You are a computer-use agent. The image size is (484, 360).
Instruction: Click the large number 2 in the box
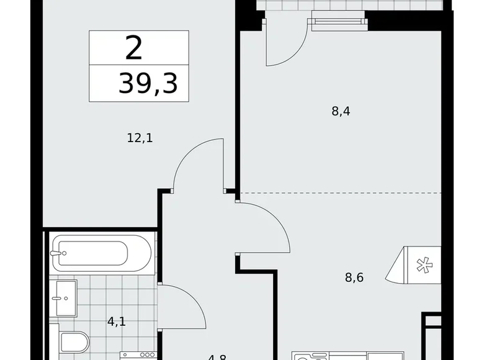point(133,48)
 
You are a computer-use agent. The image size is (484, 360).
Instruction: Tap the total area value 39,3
point(148,84)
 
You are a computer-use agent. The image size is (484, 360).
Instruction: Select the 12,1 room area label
point(140,138)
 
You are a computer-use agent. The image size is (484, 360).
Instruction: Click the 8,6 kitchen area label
point(354,277)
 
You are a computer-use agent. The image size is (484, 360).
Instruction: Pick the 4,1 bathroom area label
point(115,322)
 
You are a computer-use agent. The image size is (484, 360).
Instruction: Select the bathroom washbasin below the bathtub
point(63,298)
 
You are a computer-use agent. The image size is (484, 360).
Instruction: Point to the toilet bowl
point(74,342)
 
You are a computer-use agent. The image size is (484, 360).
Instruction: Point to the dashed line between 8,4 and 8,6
point(341,193)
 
